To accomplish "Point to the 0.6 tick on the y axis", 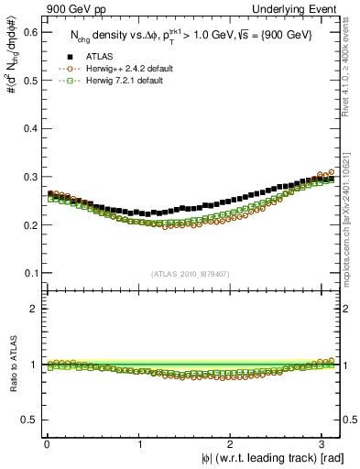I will click(29, 32).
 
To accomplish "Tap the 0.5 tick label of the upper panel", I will click(29, 81).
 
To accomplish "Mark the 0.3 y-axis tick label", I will click(29, 177).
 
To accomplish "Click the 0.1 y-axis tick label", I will click(29, 273).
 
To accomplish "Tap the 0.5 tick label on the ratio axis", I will click(29, 420).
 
